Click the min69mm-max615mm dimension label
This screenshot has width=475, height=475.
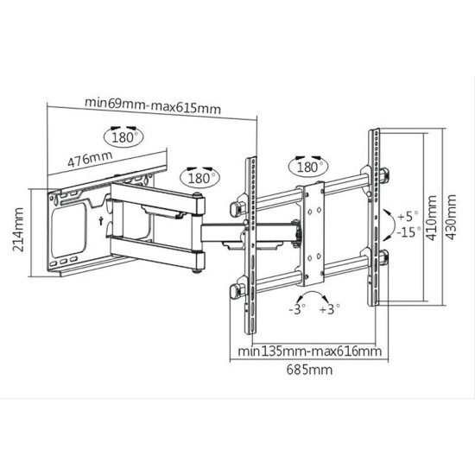pyautogui.click(x=153, y=105)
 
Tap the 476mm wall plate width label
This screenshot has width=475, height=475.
pyautogui.click(x=90, y=159)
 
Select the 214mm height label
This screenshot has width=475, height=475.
pyautogui.click(x=18, y=230)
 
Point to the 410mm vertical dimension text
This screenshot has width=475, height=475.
pyautogui.click(x=431, y=218)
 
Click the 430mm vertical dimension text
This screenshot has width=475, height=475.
pyautogui.click(x=451, y=217)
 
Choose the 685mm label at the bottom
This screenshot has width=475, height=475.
pyautogui.click(x=309, y=370)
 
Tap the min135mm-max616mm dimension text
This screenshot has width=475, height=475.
pyautogui.click(x=309, y=351)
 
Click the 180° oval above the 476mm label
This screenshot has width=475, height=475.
pyautogui.click(x=123, y=137)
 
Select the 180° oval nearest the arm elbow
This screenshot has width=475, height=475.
pyautogui.click(x=200, y=178)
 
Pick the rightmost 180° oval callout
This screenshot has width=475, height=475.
pyautogui.click(x=308, y=167)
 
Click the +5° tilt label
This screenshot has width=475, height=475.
pyautogui.click(x=408, y=216)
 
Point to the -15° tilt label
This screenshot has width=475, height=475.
pyautogui.click(x=408, y=232)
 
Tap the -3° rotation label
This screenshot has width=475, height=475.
pyautogui.click(x=297, y=309)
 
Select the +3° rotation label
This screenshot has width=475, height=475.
pyautogui.click(x=330, y=309)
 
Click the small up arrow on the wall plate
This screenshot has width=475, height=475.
pyautogui.click(x=100, y=221)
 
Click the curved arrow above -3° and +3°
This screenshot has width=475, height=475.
pyautogui.click(x=313, y=292)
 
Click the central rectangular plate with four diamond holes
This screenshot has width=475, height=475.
pyautogui.click(x=314, y=234)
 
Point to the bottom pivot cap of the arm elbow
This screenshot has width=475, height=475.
pyautogui.click(x=197, y=271)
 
